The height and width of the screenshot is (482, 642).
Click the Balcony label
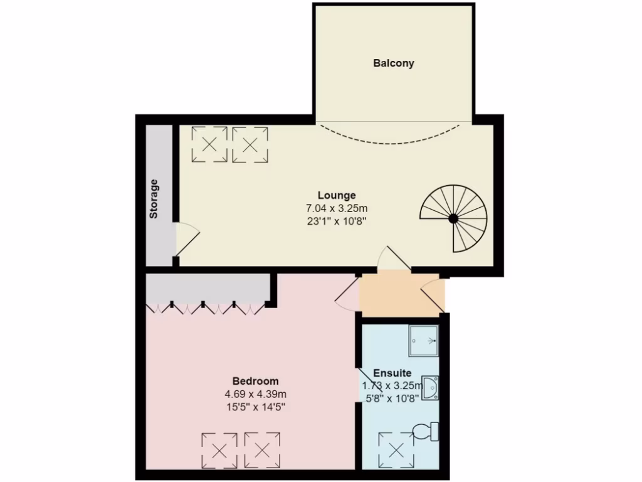click(x=394, y=63)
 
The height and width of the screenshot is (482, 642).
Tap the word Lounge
click(x=337, y=195)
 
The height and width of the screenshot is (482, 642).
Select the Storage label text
click(x=154, y=199)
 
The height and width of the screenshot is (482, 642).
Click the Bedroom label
click(x=255, y=381)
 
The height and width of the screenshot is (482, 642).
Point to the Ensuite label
click(x=392, y=373)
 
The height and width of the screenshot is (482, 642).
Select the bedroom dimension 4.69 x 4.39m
click(x=255, y=394)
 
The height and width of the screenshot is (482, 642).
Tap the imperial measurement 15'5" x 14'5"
click(x=255, y=407)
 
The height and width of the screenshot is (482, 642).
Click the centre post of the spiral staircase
click(x=453, y=218)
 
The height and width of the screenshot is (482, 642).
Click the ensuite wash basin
click(x=431, y=387)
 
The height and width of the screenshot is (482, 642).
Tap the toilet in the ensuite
click(x=426, y=432)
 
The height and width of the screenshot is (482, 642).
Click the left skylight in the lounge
click(x=209, y=144)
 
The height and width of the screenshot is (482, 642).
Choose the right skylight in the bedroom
click(x=262, y=449)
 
